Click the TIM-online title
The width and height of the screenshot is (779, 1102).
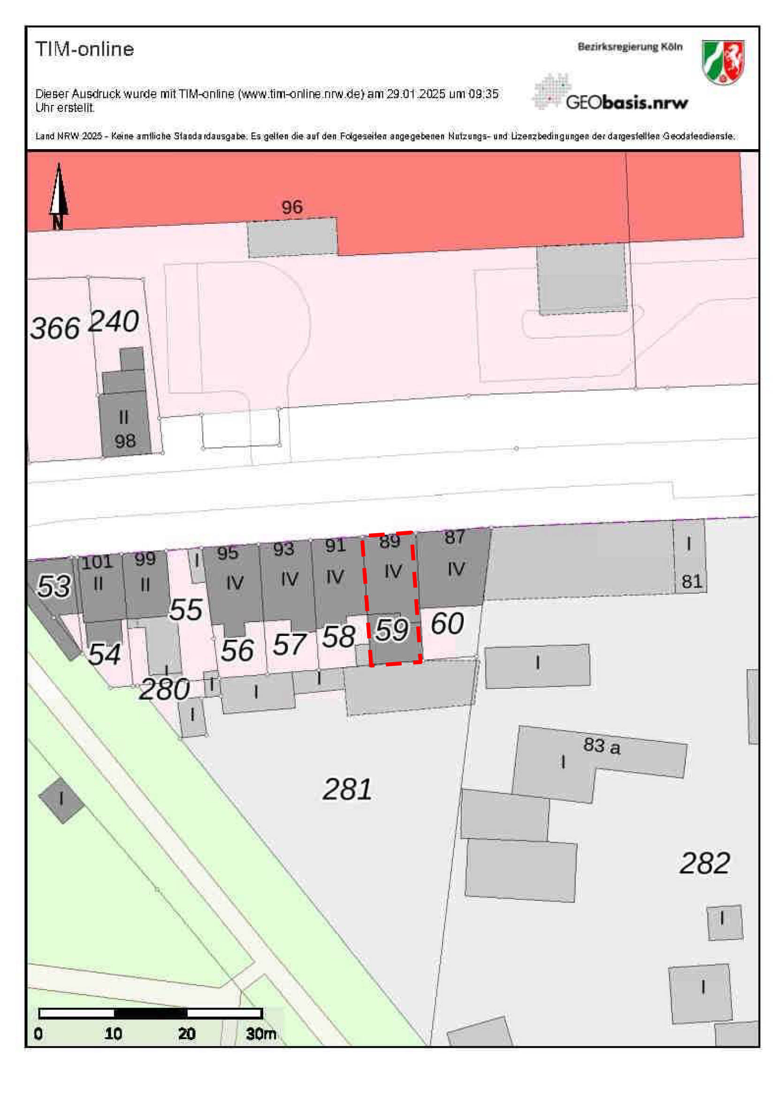[84, 49]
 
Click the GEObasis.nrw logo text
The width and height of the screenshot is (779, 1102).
[626, 102]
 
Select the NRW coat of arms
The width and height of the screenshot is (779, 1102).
[722, 62]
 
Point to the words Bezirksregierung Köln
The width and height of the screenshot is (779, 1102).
[630, 47]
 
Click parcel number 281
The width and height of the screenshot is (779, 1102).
[347, 790]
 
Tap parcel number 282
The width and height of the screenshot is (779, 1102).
[704, 863]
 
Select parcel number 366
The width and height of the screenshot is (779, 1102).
[55, 328]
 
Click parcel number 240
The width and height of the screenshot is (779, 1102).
[114, 321]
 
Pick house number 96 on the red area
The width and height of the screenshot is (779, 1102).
[292, 207]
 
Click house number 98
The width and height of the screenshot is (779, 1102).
[125, 441]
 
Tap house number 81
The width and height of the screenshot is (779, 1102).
[692, 582]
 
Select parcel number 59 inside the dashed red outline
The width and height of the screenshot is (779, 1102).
[392, 630]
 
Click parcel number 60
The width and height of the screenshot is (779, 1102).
[447, 624]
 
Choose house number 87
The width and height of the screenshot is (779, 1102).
[454, 537]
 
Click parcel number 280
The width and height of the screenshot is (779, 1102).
[164, 689]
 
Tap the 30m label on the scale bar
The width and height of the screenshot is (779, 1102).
[261, 1034]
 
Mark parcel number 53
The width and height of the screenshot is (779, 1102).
[54, 586]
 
